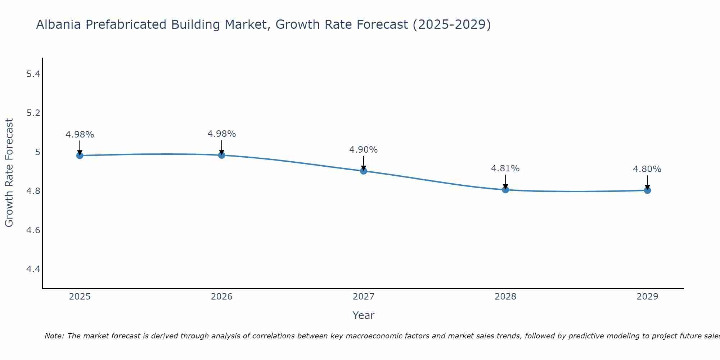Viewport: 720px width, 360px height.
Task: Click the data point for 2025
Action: click(x=80, y=156)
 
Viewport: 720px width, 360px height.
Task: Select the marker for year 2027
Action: click(x=364, y=171)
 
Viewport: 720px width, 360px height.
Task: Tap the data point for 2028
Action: click(x=505, y=190)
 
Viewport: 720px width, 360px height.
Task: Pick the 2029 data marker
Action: click(x=647, y=190)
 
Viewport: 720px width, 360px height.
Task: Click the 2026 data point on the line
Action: click(x=222, y=155)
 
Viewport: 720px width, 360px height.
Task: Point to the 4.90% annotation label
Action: click(x=364, y=150)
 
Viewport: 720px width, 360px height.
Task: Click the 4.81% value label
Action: click(x=505, y=168)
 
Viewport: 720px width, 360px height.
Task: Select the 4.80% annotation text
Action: click(x=647, y=169)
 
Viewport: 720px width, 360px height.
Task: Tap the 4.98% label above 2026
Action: click(x=222, y=134)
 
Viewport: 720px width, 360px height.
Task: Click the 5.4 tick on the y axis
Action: click(x=33, y=74)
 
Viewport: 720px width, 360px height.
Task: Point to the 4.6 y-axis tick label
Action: click(x=33, y=230)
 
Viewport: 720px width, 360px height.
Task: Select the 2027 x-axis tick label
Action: click(x=364, y=297)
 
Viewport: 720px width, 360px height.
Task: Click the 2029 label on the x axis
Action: click(x=647, y=297)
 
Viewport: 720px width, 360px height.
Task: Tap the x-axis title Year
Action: click(x=364, y=315)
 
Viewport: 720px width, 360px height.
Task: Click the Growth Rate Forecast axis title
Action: click(x=9, y=173)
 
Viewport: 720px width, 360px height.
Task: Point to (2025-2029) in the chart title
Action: click(x=452, y=25)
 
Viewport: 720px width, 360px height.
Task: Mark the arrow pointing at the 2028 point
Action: click(x=505, y=182)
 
